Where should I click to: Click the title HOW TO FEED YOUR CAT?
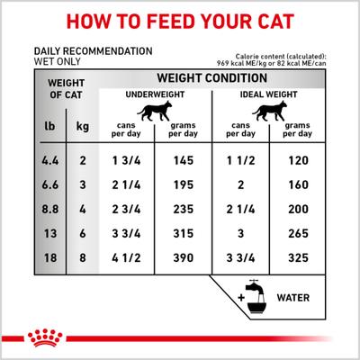point(180,20)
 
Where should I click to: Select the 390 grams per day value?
point(183,257)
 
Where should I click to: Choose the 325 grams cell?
point(294,257)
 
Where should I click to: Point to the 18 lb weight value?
point(46,257)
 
